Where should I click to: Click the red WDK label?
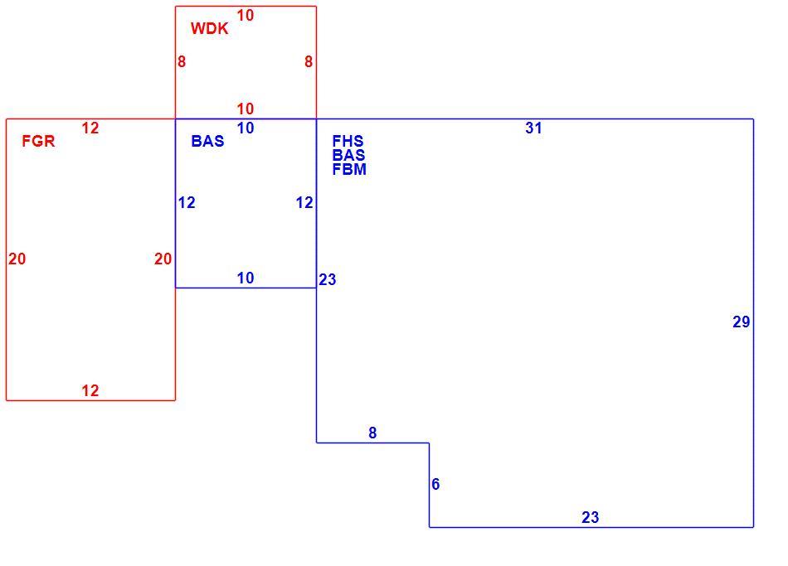209,29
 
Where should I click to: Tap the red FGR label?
38,141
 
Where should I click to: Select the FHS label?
348,141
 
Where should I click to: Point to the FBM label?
349,169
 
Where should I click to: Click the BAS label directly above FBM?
348,155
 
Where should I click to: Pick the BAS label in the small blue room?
207,141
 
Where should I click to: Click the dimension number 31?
533,128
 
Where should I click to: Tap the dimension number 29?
742,322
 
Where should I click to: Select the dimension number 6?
435,484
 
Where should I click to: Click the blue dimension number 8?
372,433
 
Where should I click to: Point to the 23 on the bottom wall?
591,517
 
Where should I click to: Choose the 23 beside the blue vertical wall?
327,279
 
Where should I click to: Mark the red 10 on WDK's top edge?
246,16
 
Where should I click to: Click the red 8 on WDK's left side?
182,62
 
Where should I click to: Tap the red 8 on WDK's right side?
309,62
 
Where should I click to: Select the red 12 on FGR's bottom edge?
90,390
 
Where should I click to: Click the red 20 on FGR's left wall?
17,259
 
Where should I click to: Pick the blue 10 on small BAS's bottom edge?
246,278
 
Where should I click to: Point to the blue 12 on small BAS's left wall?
187,203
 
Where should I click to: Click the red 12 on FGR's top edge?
90,128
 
